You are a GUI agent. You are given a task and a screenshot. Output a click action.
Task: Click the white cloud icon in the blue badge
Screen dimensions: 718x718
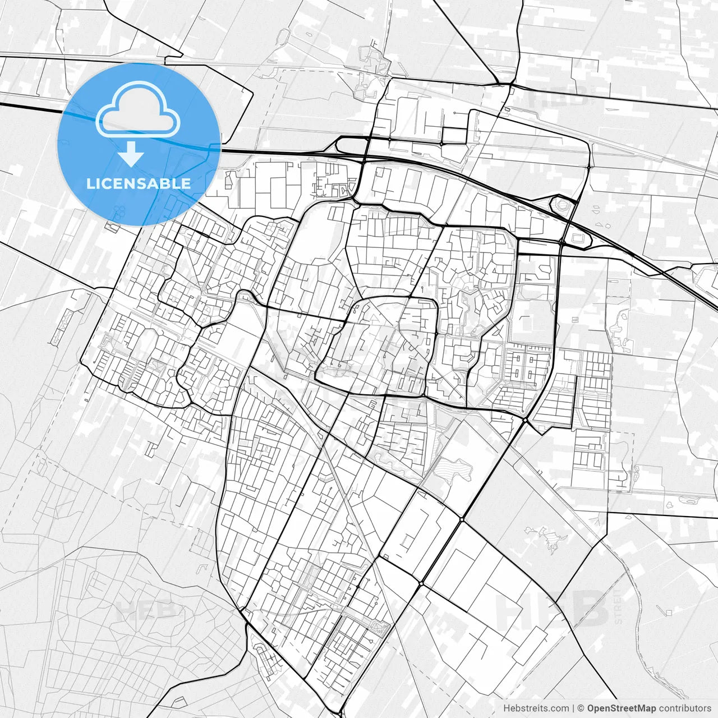click(138, 109)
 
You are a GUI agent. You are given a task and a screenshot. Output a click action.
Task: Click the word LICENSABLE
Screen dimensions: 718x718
click(139, 183)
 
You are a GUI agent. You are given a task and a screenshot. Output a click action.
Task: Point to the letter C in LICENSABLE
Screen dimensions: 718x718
click(109, 183)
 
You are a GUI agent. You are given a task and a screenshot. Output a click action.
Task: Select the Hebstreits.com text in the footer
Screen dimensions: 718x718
click(536, 708)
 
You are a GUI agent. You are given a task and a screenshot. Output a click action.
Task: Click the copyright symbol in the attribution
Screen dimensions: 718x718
click(581, 708)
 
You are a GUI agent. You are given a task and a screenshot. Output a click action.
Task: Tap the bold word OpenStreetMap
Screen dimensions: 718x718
click(622, 708)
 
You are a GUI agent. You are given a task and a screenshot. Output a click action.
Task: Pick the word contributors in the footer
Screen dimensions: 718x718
click(685, 708)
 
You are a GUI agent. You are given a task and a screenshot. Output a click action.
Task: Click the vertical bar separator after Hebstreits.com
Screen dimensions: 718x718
click(573, 708)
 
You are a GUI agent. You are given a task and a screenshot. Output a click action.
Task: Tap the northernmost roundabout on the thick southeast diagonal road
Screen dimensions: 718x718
click(525, 420)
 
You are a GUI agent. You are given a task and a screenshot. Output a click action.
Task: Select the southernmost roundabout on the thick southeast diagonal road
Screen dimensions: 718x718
click(421, 583)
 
